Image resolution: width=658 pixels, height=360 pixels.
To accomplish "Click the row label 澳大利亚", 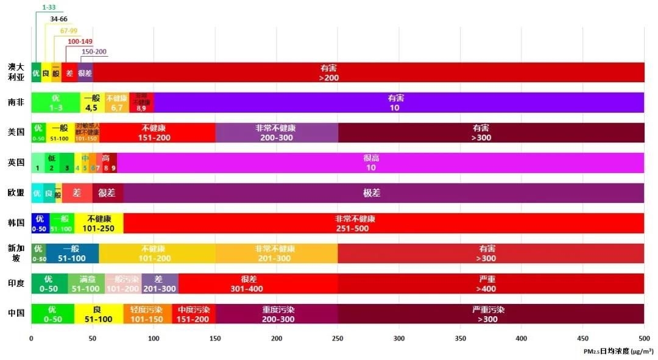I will pos(16,72).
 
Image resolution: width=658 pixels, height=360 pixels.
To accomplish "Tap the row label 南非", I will pos(16,102).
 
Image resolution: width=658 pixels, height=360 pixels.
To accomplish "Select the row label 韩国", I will pos(16,223).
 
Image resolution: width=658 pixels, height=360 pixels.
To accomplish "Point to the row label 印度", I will pos(16,283).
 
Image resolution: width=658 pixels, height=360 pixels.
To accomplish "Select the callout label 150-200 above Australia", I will pos(94,52).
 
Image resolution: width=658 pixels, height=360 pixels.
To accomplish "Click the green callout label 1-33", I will pos(49,8).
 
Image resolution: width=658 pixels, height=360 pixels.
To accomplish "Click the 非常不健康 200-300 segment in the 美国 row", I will pos(276,132).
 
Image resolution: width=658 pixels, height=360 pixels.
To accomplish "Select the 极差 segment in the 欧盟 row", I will pos(372,192).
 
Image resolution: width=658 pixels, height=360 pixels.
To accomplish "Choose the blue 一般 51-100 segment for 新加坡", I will pos(72,253).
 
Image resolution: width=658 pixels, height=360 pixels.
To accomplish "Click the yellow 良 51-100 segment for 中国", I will pos(98,313).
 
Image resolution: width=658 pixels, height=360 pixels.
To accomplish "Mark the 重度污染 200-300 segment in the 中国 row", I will pos(278,313).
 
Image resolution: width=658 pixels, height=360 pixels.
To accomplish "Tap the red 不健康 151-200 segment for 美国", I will pos(157,132).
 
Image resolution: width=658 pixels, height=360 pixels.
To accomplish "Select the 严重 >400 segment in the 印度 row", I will pos(487,283).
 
